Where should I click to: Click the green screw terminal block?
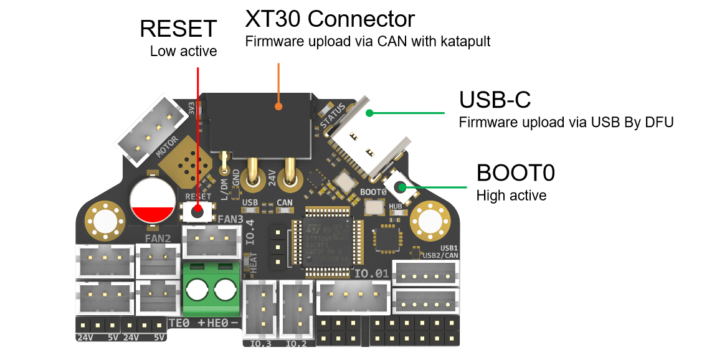pyautogui.click(x=211, y=289)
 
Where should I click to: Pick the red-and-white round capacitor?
pyautogui.click(x=153, y=201)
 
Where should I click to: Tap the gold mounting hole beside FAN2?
pyautogui.click(x=105, y=219)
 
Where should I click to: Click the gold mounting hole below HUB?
pyautogui.click(x=430, y=220)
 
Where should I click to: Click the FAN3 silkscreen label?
pyautogui.click(x=230, y=219)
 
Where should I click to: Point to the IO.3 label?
pyautogui.click(x=260, y=343)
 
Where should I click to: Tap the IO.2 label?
pyautogui.click(x=296, y=343)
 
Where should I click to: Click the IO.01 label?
pyautogui.click(x=371, y=273)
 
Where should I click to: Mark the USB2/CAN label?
pyautogui.click(x=440, y=255)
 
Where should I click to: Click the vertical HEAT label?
pyautogui.click(x=253, y=263)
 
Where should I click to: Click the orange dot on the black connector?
pyautogui.click(x=278, y=107)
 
